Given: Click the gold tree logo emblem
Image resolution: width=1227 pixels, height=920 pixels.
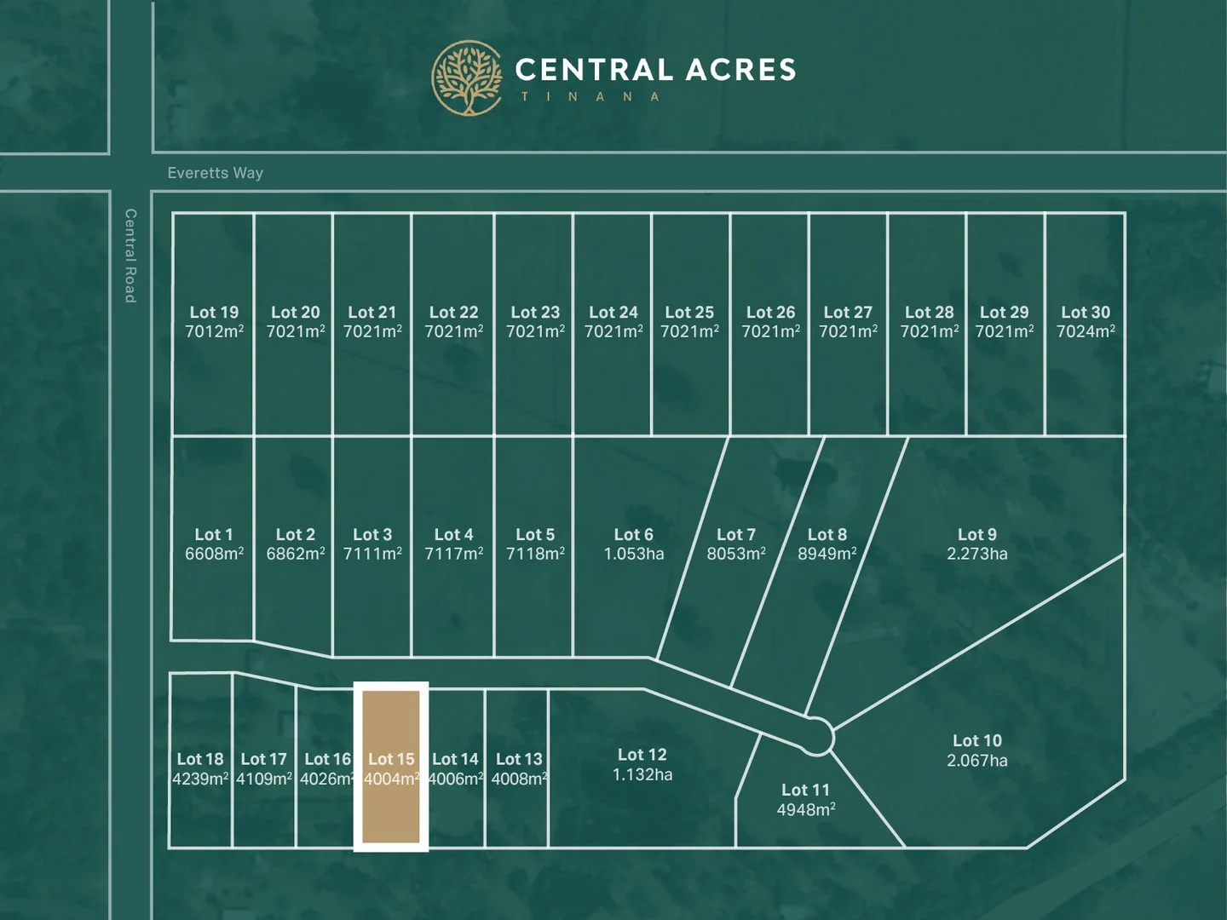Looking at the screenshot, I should (467, 78).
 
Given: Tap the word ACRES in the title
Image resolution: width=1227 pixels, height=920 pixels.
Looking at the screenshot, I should (740, 70).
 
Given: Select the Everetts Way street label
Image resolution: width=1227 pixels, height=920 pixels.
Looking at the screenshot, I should (216, 173).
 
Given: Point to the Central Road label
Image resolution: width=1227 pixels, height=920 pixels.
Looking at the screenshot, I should (130, 256).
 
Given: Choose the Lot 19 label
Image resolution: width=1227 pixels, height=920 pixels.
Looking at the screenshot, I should (214, 313).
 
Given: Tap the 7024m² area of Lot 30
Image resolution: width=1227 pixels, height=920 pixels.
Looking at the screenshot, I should (1086, 331).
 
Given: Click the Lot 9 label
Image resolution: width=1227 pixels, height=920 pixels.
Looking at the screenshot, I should (976, 534).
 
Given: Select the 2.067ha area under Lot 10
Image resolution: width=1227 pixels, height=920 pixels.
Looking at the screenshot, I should (976, 761).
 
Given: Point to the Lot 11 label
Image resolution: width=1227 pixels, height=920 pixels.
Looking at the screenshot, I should (805, 790).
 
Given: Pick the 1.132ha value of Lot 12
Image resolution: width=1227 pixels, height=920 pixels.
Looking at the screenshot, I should (642, 774).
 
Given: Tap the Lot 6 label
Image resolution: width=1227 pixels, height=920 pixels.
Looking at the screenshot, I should (633, 534).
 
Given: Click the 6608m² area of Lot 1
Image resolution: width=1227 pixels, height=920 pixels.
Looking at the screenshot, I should (214, 554).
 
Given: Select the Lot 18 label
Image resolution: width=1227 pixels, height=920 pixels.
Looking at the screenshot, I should (200, 759).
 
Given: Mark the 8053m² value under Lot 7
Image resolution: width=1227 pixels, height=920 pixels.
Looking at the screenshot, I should (736, 554).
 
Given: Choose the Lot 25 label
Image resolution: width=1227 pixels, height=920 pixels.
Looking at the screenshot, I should (689, 313).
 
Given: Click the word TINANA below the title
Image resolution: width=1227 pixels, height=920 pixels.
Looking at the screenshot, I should (590, 97).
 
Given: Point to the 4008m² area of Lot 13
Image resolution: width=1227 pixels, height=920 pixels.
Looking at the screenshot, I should (519, 779).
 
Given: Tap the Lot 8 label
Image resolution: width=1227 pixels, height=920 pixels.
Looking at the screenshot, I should (827, 534).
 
